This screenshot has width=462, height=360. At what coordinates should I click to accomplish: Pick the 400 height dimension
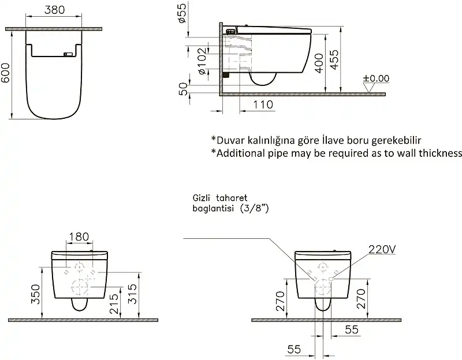point(317,61)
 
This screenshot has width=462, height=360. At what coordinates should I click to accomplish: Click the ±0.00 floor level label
point(376,78)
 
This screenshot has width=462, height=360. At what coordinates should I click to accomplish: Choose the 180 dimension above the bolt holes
point(79,236)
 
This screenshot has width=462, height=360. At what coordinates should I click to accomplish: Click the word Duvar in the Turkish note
point(229,140)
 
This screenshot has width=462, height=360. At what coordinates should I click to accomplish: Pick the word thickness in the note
point(439,153)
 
